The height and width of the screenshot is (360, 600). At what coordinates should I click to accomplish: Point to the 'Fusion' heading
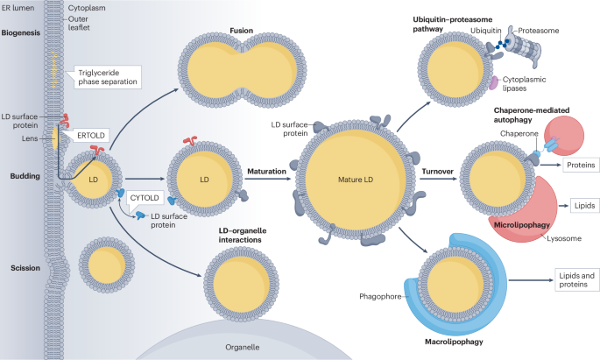[x=242, y=29]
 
